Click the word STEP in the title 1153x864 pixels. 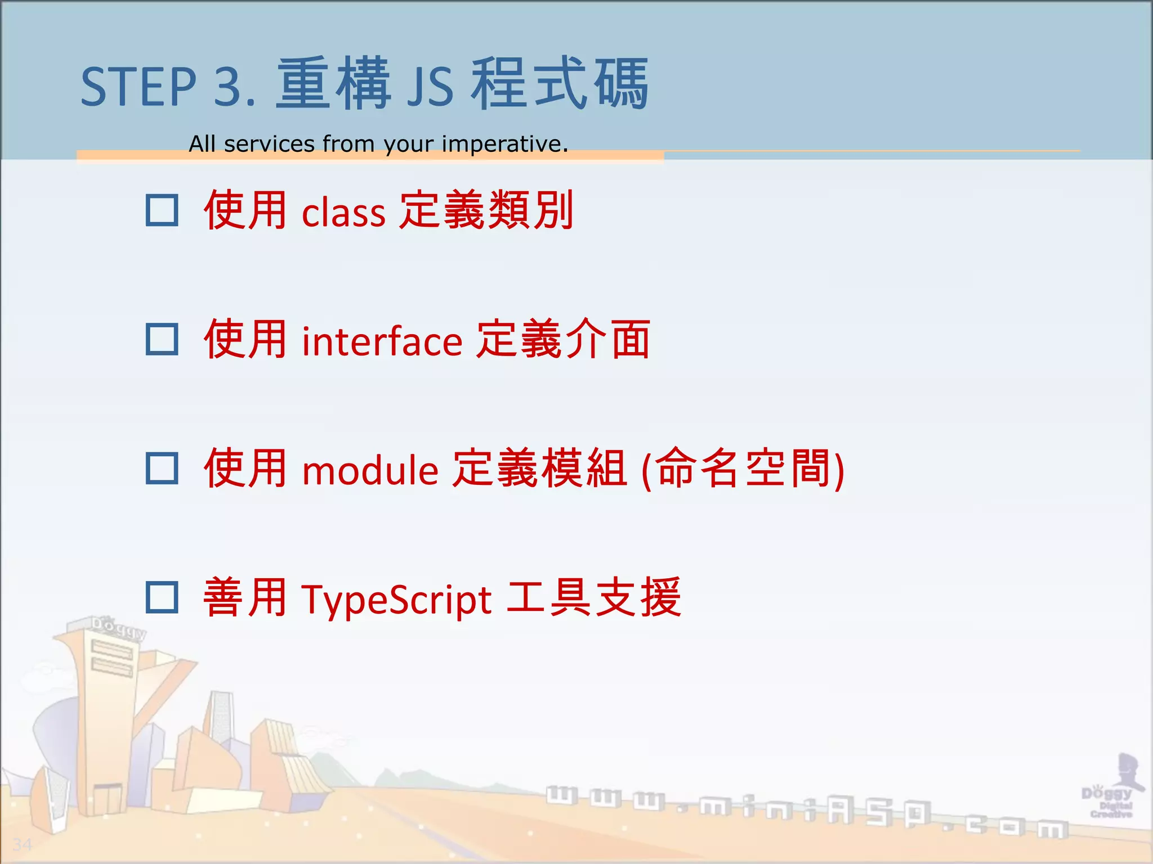[x=138, y=87]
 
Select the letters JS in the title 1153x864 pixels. [x=430, y=88]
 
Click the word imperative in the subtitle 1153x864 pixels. [x=504, y=144]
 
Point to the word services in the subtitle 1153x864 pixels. [x=269, y=144]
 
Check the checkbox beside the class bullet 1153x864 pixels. [x=162, y=210]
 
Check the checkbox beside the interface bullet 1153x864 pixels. [x=162, y=339]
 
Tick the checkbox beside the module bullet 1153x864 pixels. [x=162, y=468]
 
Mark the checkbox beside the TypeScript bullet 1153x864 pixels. [x=162, y=597]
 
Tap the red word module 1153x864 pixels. [x=370, y=470]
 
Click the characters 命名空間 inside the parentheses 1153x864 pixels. [x=743, y=468]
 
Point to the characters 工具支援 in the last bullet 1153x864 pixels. [x=594, y=597]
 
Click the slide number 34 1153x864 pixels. [x=22, y=844]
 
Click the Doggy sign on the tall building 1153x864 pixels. [x=118, y=627]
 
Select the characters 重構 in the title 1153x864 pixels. [x=333, y=84]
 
